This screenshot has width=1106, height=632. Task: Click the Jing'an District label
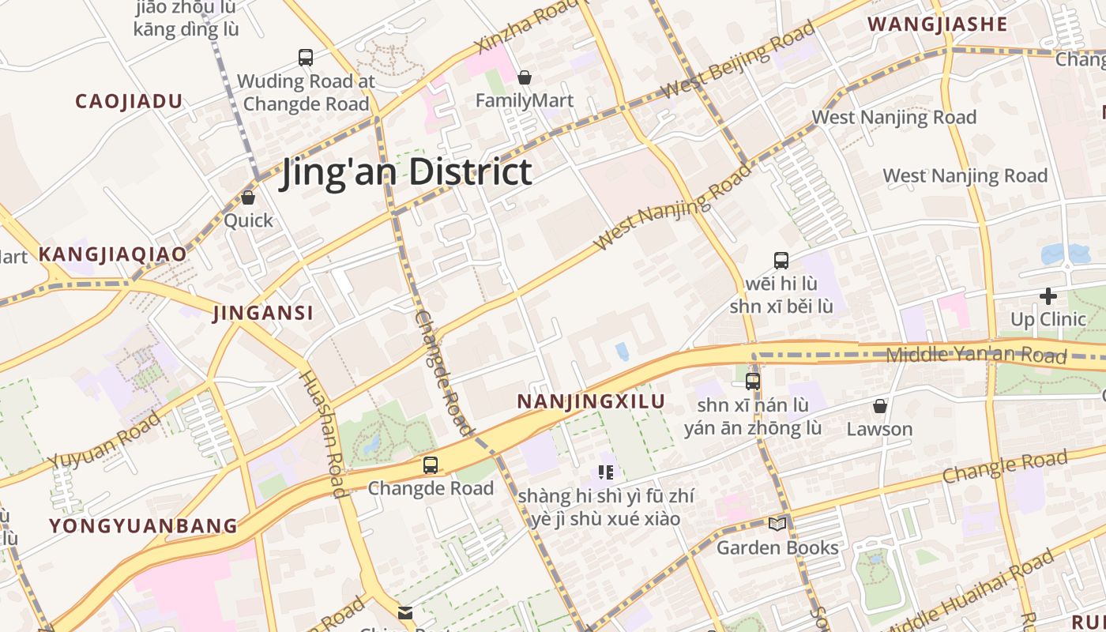pos(406,172)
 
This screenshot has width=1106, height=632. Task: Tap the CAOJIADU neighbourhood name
pos(129,101)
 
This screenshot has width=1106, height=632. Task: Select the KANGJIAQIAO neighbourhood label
pos(112,254)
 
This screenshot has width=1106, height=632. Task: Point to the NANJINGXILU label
pos(591,401)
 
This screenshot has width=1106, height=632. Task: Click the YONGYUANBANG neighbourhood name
pos(143,525)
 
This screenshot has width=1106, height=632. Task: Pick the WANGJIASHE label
pos(938,24)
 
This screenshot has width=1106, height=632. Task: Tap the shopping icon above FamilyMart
pos(524,77)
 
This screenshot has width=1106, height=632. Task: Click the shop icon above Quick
pos(248,197)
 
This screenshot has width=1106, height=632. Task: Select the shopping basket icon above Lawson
pos(879,406)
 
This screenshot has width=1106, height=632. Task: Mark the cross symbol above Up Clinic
pos(1048,296)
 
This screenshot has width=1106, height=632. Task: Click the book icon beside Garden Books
pos(777,524)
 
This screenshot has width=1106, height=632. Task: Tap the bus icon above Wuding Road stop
pos(306,57)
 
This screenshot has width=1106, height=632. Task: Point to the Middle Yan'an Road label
pos(976,355)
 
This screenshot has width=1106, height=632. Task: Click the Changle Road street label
pos(1005,466)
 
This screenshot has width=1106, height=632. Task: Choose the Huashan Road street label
pos(322,434)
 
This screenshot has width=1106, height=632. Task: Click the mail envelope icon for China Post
pos(405,612)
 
